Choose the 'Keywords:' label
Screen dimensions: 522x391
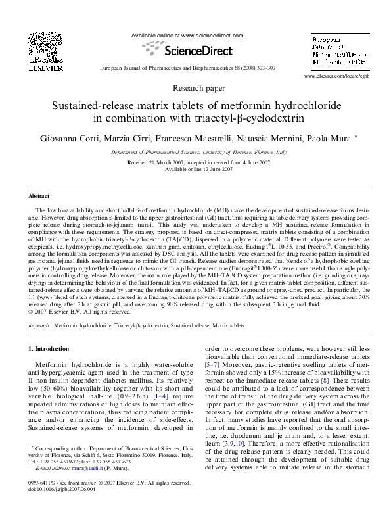(x=39, y=325)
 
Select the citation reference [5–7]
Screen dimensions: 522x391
(x=213, y=361)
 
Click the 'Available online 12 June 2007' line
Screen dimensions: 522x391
(x=196, y=168)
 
